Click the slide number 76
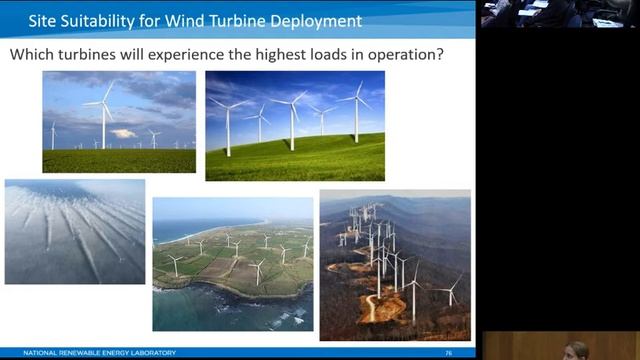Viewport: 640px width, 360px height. coord(449,353)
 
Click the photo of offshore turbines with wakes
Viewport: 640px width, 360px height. coord(75,231)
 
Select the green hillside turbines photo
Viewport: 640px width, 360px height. coord(294,125)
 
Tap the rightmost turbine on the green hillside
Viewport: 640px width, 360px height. coord(357,110)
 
